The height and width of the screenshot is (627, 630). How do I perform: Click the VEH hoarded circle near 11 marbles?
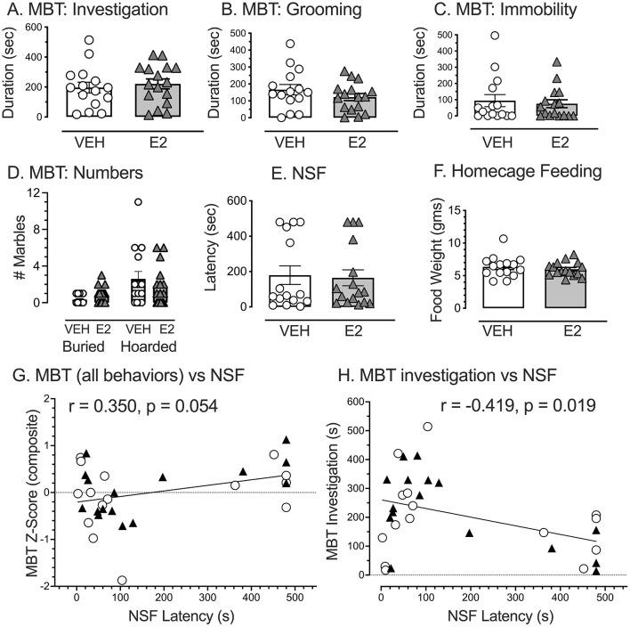139,202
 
